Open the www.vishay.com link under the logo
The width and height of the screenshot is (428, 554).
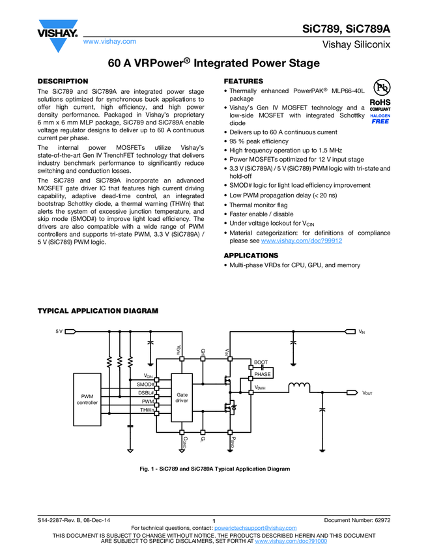[110, 41]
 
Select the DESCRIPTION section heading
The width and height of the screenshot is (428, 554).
[63, 81]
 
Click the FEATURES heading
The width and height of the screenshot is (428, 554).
[244, 81]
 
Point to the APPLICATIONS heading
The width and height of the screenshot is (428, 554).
[251, 255]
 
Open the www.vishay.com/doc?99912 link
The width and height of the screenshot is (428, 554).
[302, 241]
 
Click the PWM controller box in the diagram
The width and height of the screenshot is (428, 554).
[87, 400]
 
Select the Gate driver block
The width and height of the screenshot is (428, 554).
[182, 398]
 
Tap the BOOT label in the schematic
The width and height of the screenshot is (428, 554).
[261, 362]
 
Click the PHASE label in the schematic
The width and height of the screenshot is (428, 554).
[262, 374]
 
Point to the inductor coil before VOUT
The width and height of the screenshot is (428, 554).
[300, 388]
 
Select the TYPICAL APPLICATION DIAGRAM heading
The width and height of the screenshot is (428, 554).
[98, 311]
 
